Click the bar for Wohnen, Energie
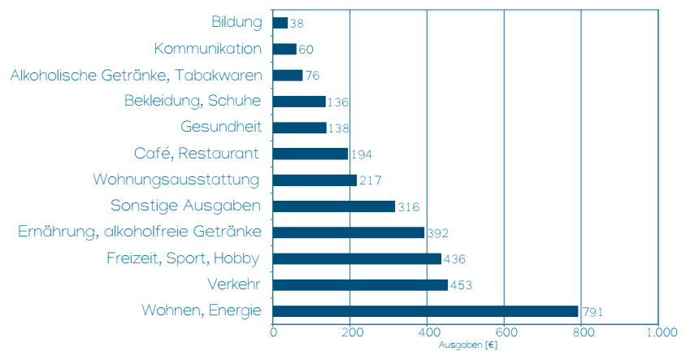click(425, 311)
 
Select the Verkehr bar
click(360, 285)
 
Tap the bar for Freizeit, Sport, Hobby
click(357, 258)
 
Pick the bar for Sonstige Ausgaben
click(334, 206)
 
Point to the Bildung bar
click(280, 23)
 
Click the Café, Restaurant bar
click(310, 154)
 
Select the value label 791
click(592, 312)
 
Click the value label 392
click(438, 233)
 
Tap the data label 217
click(370, 180)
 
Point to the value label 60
click(306, 50)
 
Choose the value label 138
click(340, 128)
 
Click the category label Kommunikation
click(207, 49)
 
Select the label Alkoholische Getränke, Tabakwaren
click(136, 76)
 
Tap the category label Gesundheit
click(221, 128)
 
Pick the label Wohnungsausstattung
click(177, 180)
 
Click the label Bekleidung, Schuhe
click(193, 102)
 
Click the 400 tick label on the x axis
click(427, 333)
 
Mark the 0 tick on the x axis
click(273, 333)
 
